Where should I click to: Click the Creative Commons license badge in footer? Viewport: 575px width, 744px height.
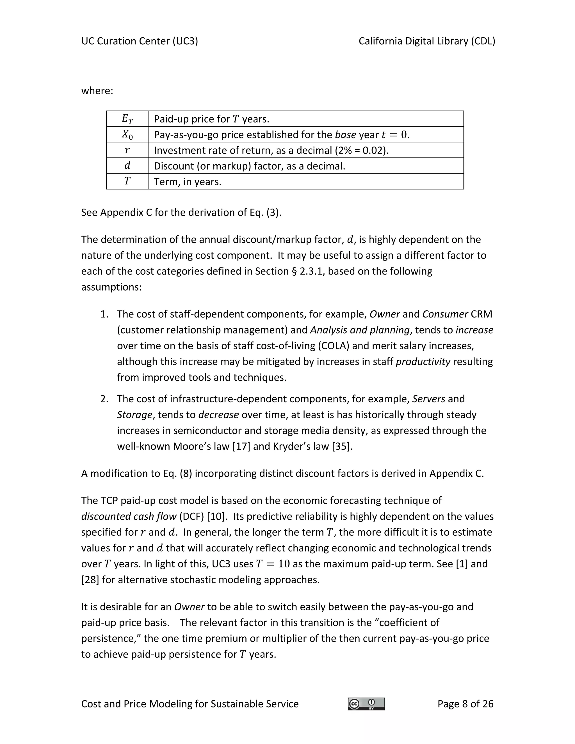click(x=366, y=704)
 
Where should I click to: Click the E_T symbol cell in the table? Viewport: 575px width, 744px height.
click(x=127, y=119)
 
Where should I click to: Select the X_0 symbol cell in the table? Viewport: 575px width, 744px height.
click(x=127, y=134)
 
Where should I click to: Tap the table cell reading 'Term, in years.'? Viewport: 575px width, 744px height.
click(x=188, y=182)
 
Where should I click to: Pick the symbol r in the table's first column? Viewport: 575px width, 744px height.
click(x=127, y=150)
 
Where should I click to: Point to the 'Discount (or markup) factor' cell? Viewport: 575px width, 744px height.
click(x=249, y=166)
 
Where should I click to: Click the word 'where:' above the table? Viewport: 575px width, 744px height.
click(x=97, y=91)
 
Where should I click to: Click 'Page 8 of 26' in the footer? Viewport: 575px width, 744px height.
click(x=465, y=704)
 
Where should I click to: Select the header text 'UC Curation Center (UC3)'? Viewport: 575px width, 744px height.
click(x=139, y=41)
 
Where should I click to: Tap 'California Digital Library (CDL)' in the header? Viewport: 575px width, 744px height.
click(x=427, y=41)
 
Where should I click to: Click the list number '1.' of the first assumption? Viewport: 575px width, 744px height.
click(x=104, y=314)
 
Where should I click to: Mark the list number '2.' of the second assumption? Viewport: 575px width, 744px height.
click(x=104, y=399)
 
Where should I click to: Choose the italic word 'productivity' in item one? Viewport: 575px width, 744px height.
click(x=423, y=361)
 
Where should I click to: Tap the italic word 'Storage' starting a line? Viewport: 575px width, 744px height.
click(x=134, y=415)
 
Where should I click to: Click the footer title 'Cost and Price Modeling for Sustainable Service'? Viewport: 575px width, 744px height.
click(x=190, y=704)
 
